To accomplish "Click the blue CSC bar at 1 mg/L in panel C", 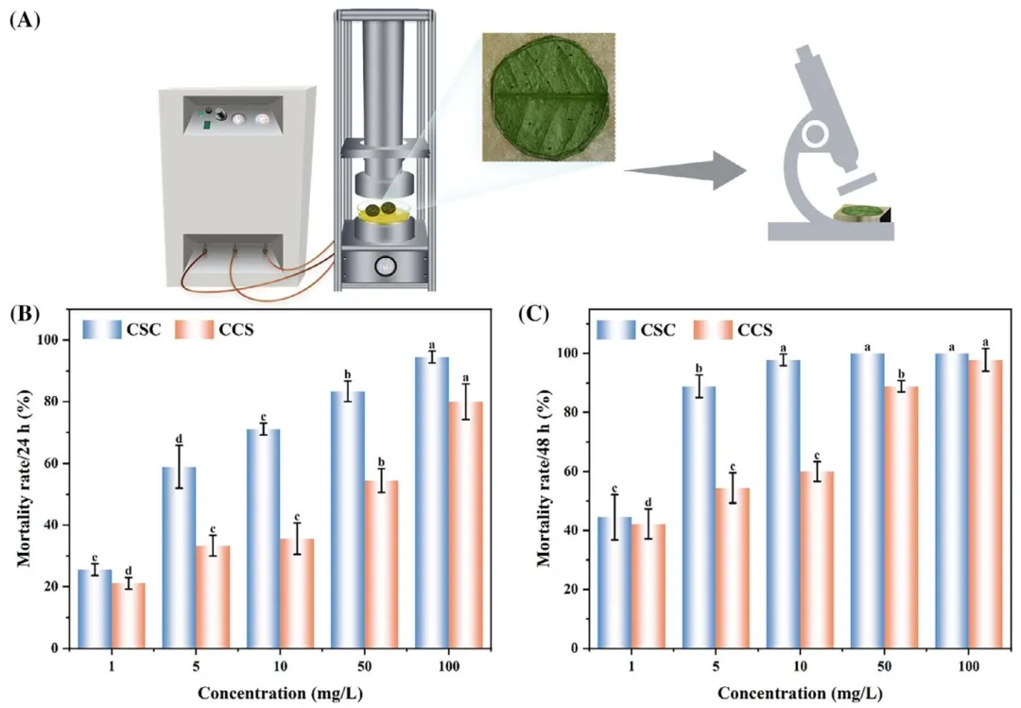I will (614, 582).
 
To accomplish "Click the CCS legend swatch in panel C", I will (715, 330).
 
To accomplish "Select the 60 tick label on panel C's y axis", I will (572, 472).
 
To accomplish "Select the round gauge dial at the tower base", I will (386, 266).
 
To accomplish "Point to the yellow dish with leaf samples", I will (386, 214).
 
